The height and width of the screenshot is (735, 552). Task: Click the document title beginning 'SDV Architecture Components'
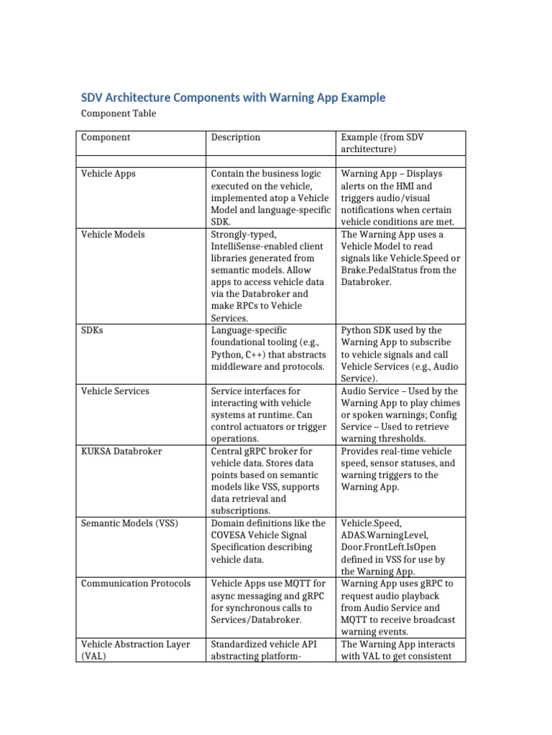click(x=233, y=97)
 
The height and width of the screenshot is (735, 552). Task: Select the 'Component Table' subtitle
click(x=118, y=113)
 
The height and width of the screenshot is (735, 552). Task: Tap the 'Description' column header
click(x=235, y=137)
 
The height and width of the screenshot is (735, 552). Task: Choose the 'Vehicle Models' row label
click(x=113, y=234)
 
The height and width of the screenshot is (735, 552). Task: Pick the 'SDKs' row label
click(x=93, y=330)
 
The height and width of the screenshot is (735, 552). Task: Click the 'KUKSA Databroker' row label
click(x=121, y=451)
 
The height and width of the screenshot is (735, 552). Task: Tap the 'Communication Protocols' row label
click(x=136, y=584)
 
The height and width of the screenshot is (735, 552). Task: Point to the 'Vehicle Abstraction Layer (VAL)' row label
click(x=135, y=650)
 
